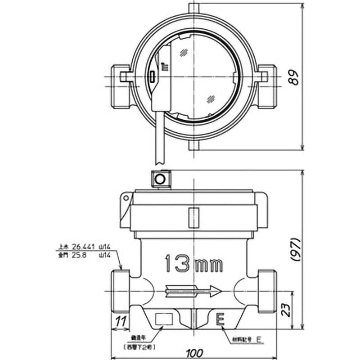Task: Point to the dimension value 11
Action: pos(120,321)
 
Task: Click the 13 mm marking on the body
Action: pos(194,264)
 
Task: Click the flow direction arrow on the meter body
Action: pos(193,292)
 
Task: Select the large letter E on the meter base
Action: pos(220,319)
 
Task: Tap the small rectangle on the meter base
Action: pos(164,319)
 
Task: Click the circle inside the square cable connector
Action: pos(160,178)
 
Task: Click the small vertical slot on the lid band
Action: pos(193,217)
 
